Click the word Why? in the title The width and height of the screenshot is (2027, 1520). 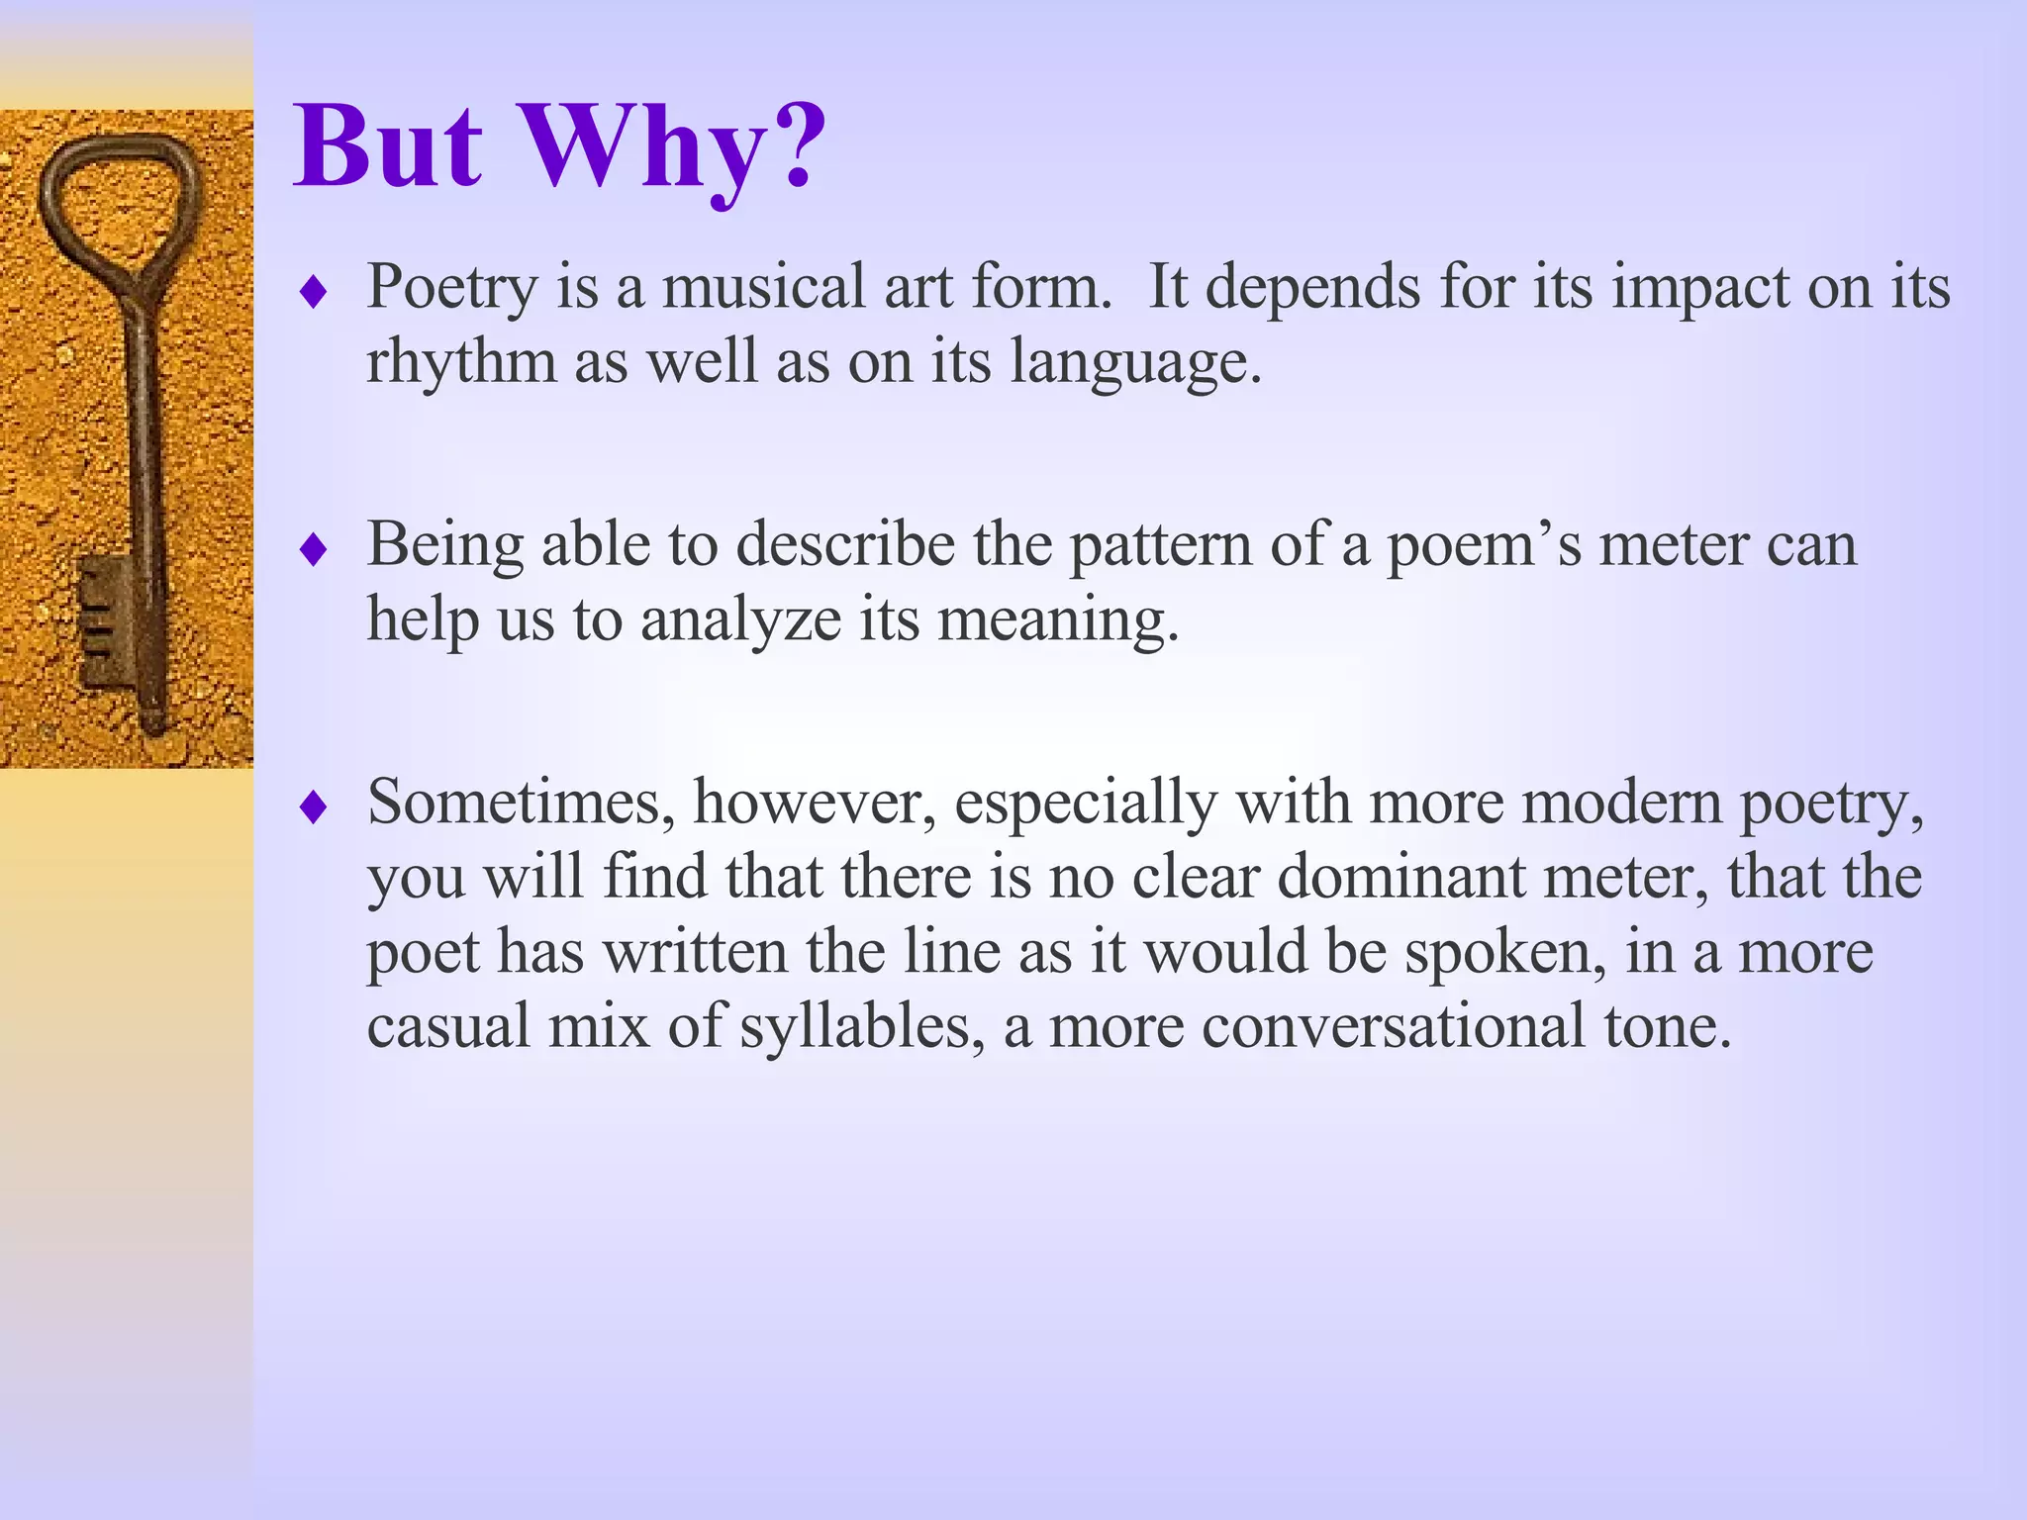pos(672,148)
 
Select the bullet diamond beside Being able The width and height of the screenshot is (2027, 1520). pos(314,550)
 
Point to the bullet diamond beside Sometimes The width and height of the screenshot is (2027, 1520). pos(314,807)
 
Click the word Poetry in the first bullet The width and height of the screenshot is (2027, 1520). pos(451,288)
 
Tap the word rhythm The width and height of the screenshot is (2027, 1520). pos(461,361)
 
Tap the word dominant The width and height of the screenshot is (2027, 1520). pos(1400,877)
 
